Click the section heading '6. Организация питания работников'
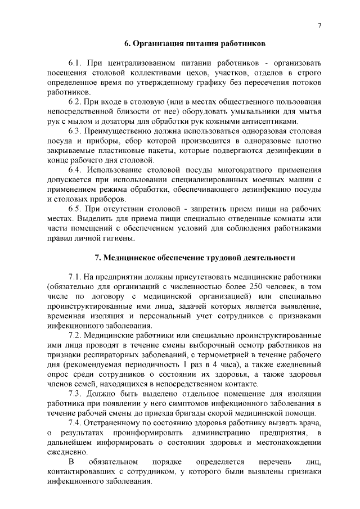[195, 43]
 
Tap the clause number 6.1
[76, 62]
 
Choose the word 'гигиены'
[117, 238]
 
